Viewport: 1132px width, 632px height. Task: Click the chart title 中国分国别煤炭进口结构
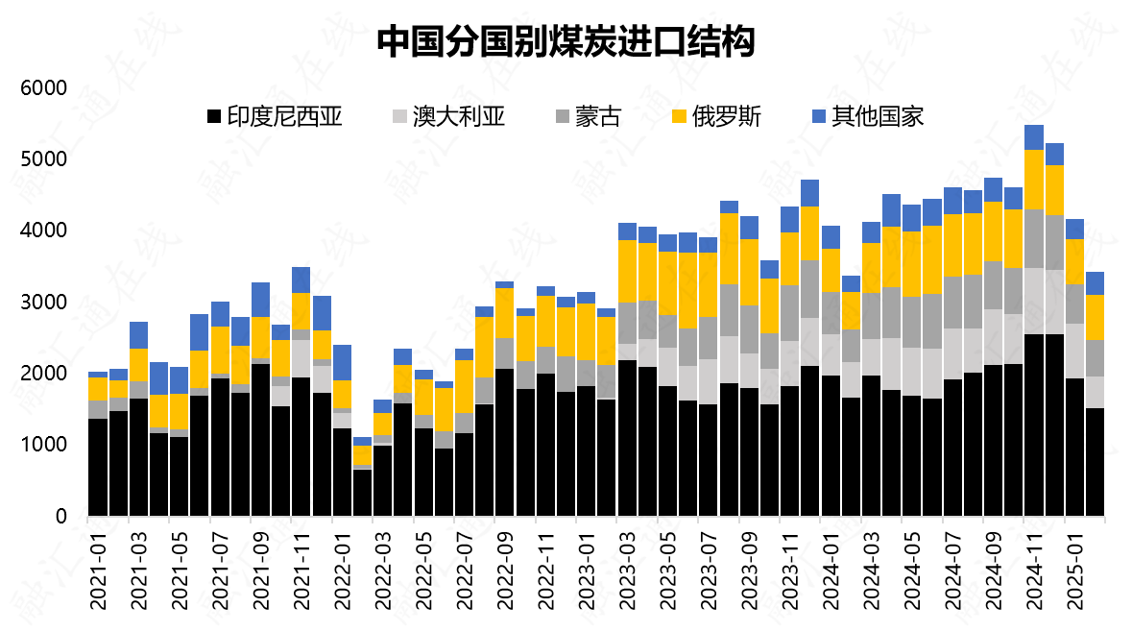click(x=566, y=40)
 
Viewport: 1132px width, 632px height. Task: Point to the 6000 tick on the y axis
click(x=43, y=88)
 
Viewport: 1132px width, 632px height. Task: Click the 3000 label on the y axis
click(x=43, y=303)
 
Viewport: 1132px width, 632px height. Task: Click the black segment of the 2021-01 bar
click(x=98, y=468)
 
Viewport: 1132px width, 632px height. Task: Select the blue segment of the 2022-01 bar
click(x=343, y=362)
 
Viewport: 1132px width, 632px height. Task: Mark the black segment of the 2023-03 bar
click(x=628, y=438)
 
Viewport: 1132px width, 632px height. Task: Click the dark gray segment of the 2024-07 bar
click(x=953, y=303)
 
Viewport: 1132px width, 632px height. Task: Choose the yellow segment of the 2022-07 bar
click(x=465, y=386)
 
